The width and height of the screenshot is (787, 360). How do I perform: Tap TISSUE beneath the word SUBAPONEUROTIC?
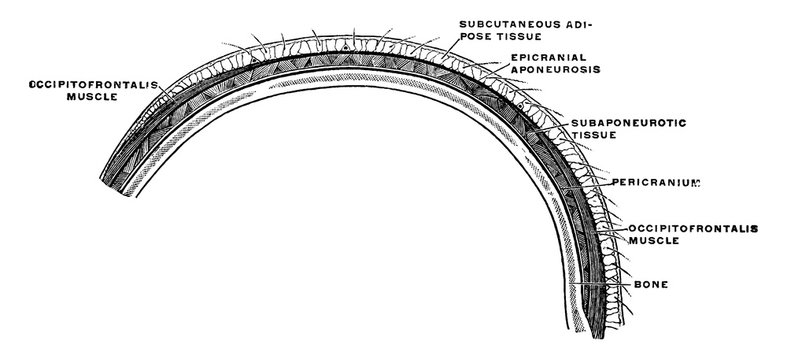pos(592,137)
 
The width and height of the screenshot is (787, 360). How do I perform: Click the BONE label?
pos(652,285)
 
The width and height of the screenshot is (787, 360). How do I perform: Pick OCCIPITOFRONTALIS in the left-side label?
pos(80,85)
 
